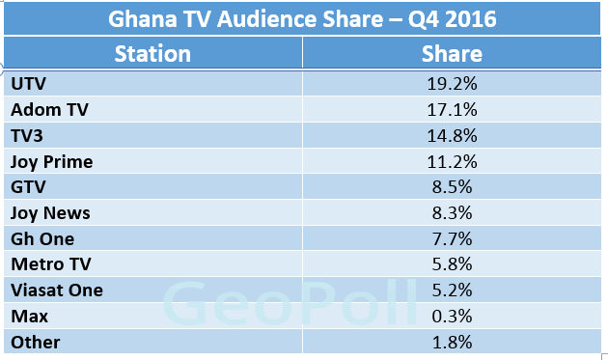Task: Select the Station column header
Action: (x=152, y=53)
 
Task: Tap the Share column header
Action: (x=452, y=53)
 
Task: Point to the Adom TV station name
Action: (x=48, y=109)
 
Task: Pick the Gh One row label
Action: (x=41, y=239)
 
